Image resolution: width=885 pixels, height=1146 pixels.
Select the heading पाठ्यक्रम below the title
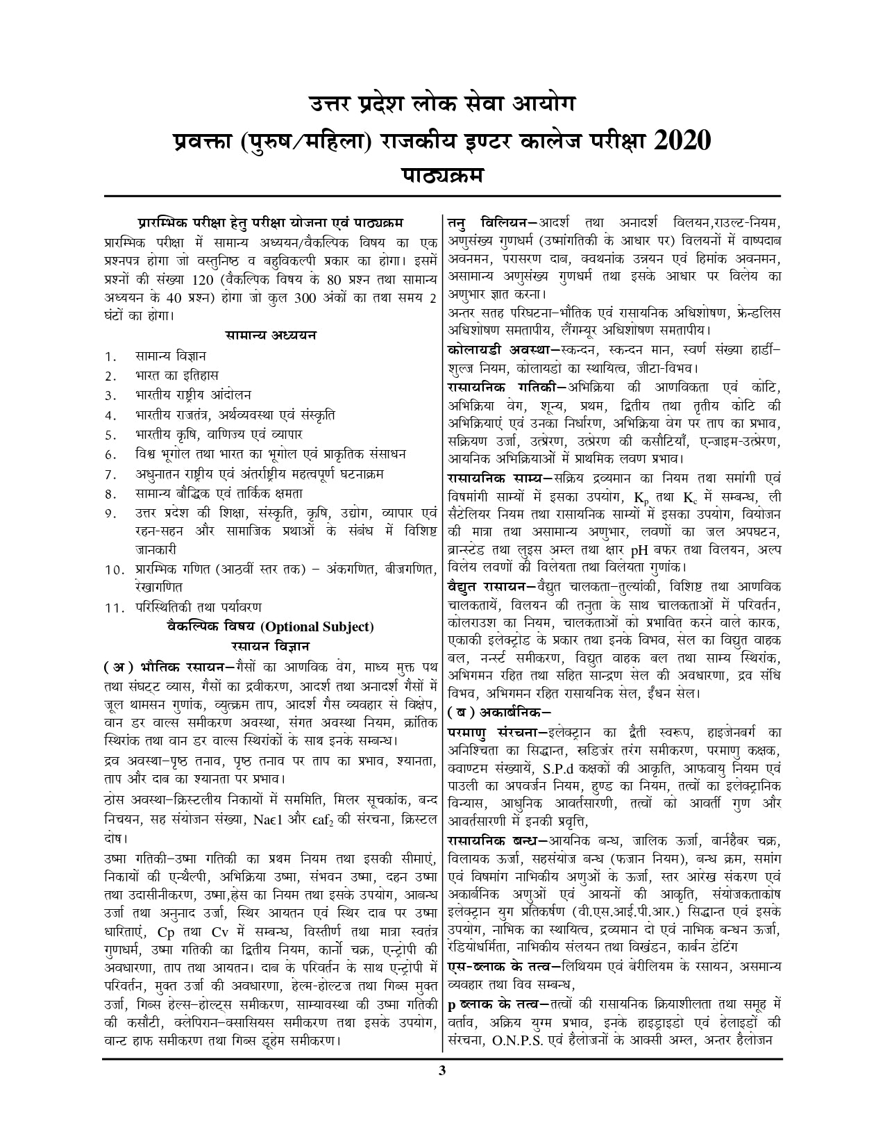441,174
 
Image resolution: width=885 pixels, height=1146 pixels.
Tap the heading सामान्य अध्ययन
271,335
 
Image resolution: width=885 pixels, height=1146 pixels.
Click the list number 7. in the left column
110,475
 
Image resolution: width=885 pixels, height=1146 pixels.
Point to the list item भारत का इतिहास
177,376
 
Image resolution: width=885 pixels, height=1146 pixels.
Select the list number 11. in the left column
114,608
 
